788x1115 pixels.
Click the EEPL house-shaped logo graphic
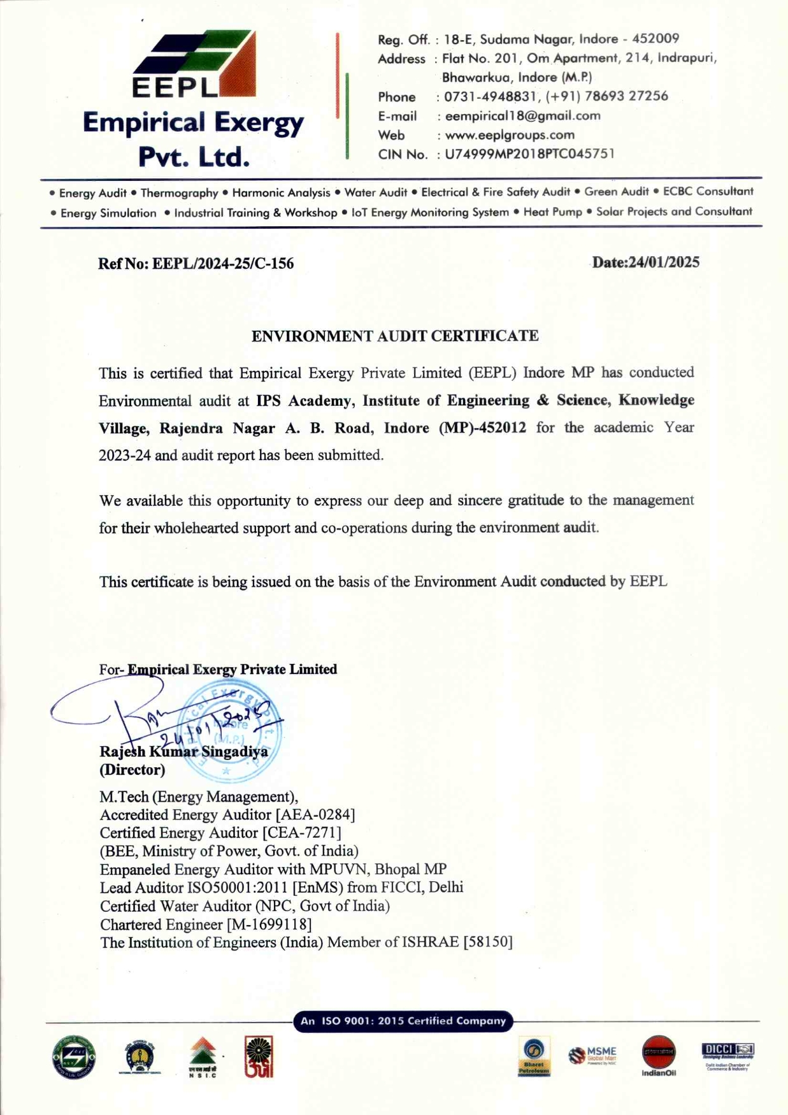(x=195, y=64)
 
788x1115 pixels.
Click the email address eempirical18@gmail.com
(x=522, y=116)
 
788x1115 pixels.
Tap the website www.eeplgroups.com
(x=510, y=135)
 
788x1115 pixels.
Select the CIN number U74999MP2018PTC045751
(x=529, y=154)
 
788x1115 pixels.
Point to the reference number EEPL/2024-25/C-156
(x=223, y=264)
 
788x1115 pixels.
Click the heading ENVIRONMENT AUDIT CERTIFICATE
(x=395, y=336)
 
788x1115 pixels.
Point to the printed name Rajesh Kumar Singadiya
(x=183, y=752)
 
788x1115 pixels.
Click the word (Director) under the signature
(x=132, y=770)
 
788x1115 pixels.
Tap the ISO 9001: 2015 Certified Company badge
(x=403, y=1021)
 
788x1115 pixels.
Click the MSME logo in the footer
(x=593, y=1055)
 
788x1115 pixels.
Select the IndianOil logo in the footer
(x=659, y=1056)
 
